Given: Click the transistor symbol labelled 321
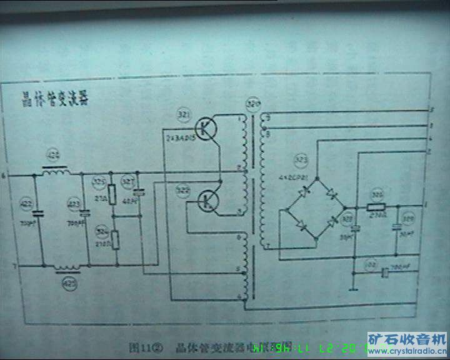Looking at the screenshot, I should (205, 128).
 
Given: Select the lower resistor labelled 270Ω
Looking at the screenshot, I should (114, 239).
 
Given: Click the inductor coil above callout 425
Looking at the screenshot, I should (67, 269).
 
